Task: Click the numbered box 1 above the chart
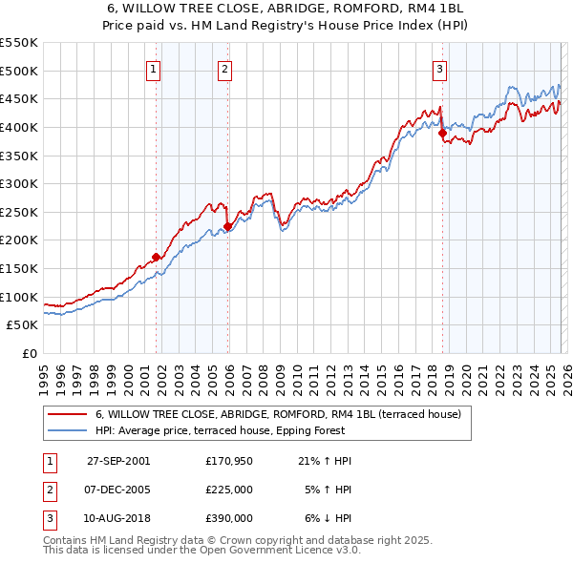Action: point(154,69)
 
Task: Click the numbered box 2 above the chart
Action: point(224,69)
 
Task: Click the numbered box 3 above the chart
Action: point(439,69)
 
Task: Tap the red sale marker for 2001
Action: point(156,257)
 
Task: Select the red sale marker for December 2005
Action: point(227,226)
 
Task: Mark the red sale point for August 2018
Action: point(442,134)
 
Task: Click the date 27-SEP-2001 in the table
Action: point(118,461)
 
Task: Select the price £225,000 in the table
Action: point(229,490)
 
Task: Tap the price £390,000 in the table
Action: point(229,518)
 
